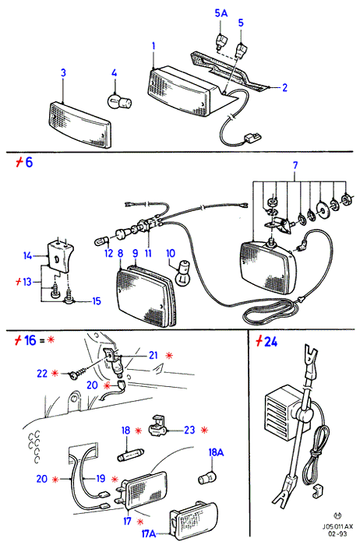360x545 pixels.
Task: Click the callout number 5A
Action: [x=221, y=13]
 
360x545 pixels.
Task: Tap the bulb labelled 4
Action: [x=119, y=101]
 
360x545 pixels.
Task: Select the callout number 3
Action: [x=63, y=73]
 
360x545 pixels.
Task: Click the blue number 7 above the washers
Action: [x=295, y=165]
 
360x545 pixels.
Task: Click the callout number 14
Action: [x=27, y=256]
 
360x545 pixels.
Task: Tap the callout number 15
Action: [x=97, y=301]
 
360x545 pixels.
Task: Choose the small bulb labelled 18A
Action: [x=207, y=479]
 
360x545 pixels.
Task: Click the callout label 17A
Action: [x=149, y=533]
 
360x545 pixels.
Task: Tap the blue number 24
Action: [x=271, y=342]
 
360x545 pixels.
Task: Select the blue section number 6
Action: [x=29, y=162]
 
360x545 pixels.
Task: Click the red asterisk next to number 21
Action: [x=169, y=356]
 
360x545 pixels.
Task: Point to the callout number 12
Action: [x=109, y=253]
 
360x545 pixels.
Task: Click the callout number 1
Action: [x=154, y=46]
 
